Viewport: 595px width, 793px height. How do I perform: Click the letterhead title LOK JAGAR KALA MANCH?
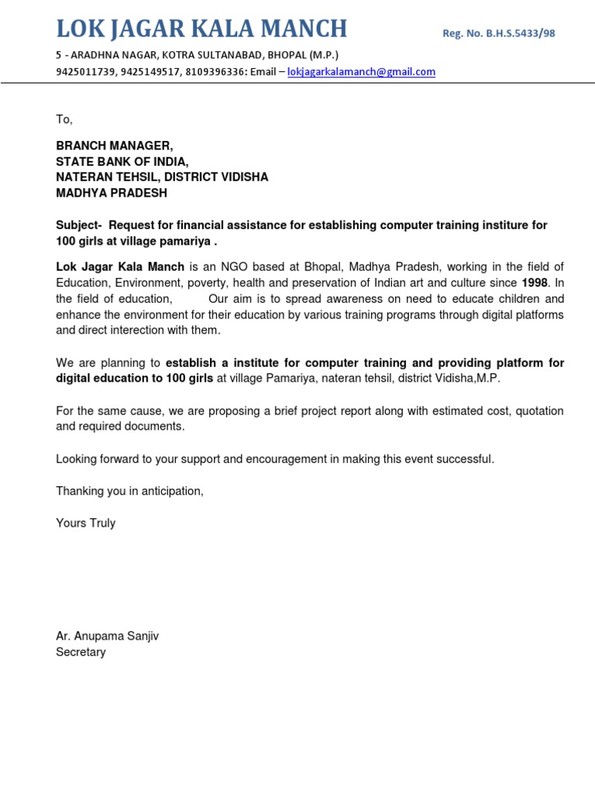pyautogui.click(x=201, y=29)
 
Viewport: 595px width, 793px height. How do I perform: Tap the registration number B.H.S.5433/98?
pyautogui.click(x=498, y=33)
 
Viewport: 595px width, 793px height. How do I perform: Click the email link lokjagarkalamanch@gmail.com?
pyautogui.click(x=361, y=72)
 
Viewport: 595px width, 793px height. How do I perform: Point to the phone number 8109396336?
pyautogui.click(x=215, y=72)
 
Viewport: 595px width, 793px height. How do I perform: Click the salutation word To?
pyautogui.click(x=64, y=119)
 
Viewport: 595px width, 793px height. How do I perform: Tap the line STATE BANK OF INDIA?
pyautogui.click(x=122, y=161)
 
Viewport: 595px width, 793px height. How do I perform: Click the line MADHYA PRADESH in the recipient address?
pyautogui.click(x=112, y=193)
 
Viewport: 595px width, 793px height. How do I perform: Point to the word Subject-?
pyautogui.click(x=79, y=225)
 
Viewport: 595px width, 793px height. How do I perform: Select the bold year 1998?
pyautogui.click(x=535, y=283)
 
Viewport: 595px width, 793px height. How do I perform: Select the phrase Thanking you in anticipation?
pyautogui.click(x=129, y=491)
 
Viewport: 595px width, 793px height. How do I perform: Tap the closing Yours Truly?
pyautogui.click(x=85, y=524)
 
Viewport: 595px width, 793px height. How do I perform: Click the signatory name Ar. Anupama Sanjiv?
pyautogui.click(x=107, y=636)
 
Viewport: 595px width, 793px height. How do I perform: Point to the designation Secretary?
pyautogui.click(x=81, y=652)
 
